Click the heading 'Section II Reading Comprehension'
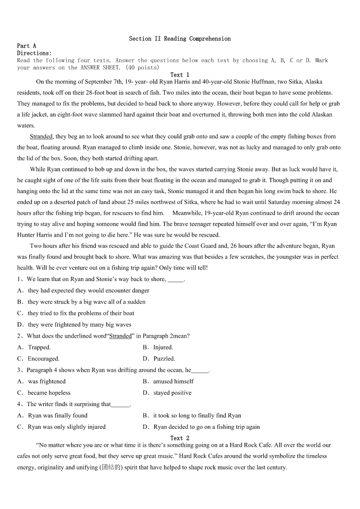coord(180,39)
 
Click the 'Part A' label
coord(26,46)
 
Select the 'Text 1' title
coord(180,75)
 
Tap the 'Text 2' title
coord(180,438)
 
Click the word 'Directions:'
coord(34,53)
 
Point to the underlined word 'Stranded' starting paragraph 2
coord(41,136)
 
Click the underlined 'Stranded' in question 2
coord(121,336)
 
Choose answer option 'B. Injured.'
coord(158,347)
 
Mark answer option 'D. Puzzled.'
coord(159,359)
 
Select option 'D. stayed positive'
coord(167,393)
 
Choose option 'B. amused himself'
coord(168,381)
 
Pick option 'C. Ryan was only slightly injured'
coord(62,427)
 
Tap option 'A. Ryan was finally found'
coord(53,415)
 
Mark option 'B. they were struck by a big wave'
coord(82,302)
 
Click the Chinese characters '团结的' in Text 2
coord(111,467)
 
